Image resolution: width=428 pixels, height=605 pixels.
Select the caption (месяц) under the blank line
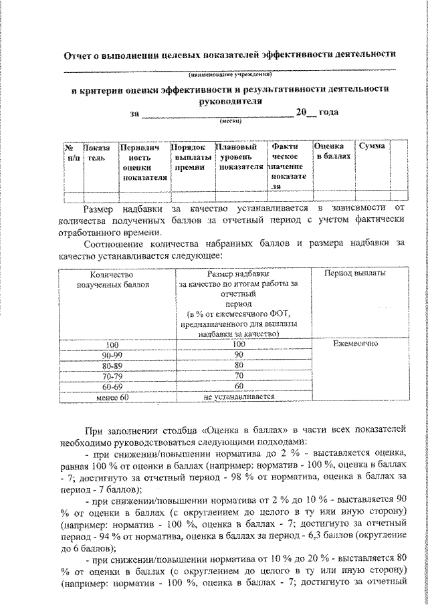231,122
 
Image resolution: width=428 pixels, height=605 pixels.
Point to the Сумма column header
371,146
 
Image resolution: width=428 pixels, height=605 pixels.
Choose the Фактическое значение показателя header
287,166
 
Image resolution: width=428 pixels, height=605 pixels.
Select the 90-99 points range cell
116,354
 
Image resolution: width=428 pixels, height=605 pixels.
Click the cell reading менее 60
116,397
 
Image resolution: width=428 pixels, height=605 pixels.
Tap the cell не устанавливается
239,397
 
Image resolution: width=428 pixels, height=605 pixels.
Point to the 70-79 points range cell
116,376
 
